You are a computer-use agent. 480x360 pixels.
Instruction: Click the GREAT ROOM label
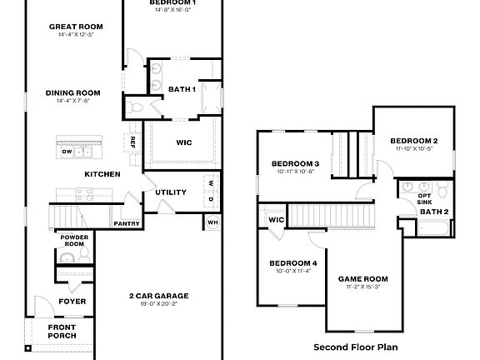point(75,27)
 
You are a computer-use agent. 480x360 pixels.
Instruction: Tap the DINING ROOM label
point(72,92)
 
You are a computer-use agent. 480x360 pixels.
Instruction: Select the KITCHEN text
point(102,174)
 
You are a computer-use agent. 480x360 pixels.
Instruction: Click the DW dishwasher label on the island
point(67,152)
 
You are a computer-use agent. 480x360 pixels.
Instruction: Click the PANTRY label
point(126,222)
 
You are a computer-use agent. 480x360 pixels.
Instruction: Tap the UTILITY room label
point(171,192)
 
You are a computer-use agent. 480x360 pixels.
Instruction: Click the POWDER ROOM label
point(73,240)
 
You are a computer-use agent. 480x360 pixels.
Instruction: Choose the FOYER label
point(72,301)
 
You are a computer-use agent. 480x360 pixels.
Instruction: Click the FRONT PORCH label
point(62,331)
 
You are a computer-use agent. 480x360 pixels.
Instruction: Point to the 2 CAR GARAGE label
point(158,296)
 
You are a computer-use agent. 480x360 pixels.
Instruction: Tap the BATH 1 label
point(182,89)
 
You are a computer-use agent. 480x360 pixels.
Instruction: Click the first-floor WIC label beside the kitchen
point(183,142)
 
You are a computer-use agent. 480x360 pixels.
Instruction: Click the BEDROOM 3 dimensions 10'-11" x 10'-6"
point(295,171)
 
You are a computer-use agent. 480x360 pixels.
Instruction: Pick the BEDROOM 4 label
point(292,263)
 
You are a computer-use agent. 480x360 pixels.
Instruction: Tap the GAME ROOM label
point(362,278)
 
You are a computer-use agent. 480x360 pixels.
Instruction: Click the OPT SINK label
point(424,198)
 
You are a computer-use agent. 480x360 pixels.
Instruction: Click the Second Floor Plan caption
point(355,346)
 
